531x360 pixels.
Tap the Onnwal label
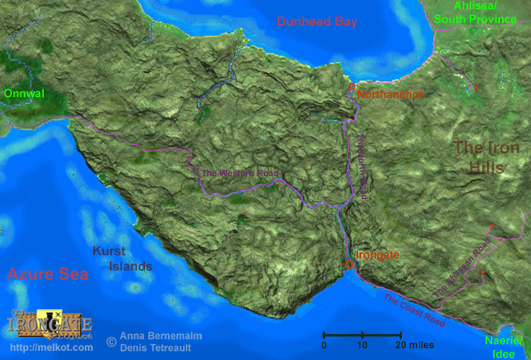24,94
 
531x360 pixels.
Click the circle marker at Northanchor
352,88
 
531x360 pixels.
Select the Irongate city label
378,255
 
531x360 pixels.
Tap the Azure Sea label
48,274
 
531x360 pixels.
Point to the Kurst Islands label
122,258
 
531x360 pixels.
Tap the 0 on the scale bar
324,346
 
